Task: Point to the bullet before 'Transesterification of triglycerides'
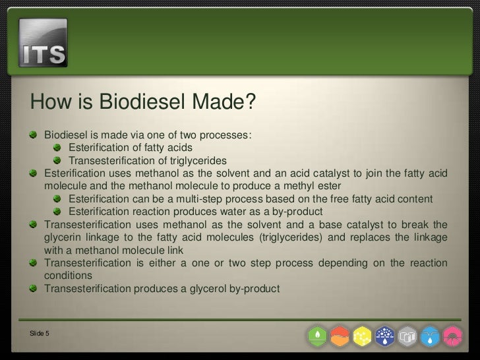pos(57,160)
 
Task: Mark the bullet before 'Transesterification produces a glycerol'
pos(33,288)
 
